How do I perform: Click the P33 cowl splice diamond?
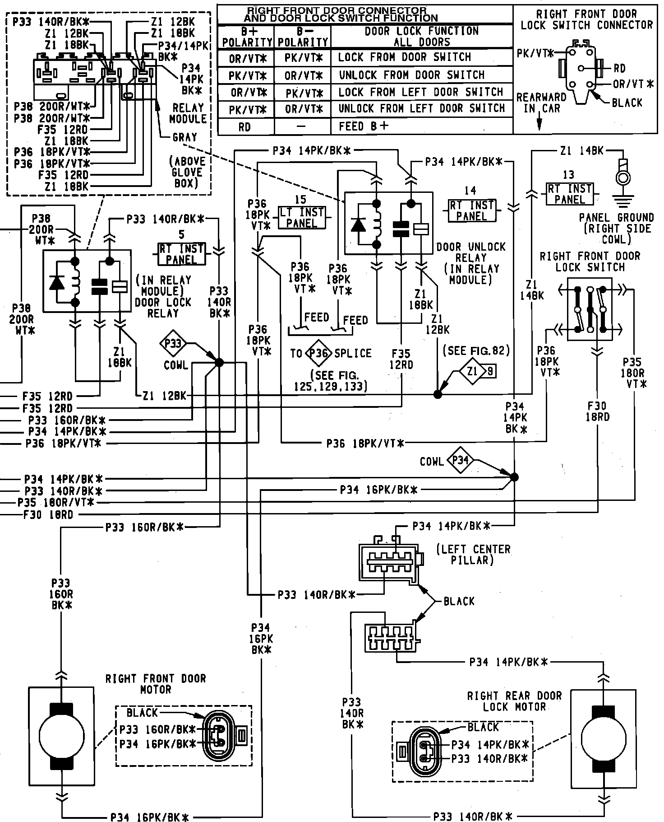(x=173, y=344)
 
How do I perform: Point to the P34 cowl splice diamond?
(x=460, y=460)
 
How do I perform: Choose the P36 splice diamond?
(x=318, y=353)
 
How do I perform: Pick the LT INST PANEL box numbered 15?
(x=302, y=218)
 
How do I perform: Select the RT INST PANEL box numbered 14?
(x=472, y=210)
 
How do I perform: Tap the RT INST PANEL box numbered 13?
(x=570, y=194)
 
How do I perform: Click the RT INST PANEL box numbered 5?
(x=181, y=254)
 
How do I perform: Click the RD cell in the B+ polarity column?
(x=245, y=126)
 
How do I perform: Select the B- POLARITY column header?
(x=302, y=37)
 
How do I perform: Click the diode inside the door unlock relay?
(x=359, y=224)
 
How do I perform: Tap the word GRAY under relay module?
(x=185, y=137)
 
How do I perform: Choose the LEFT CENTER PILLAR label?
(x=474, y=555)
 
